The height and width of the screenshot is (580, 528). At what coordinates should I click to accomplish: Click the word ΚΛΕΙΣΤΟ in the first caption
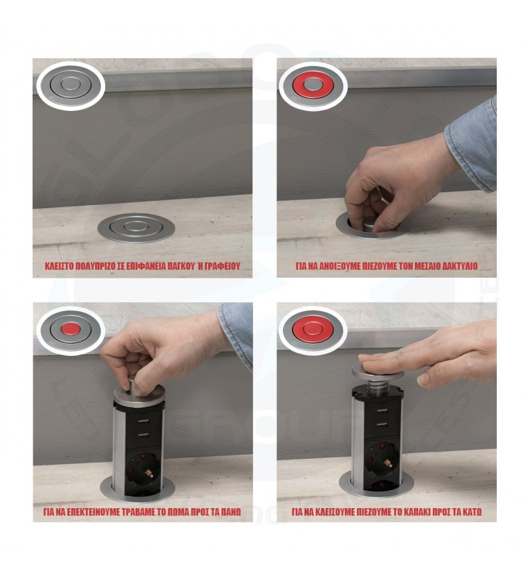pyautogui.click(x=59, y=266)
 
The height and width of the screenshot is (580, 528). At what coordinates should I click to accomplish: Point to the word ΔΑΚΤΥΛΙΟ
pyautogui.click(x=461, y=266)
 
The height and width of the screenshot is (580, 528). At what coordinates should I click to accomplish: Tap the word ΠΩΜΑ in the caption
pyautogui.click(x=176, y=512)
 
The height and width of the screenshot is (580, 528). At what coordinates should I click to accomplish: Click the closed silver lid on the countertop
pyautogui.click(x=136, y=228)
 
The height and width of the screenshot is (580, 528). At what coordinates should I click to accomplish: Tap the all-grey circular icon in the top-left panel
pyautogui.click(x=70, y=85)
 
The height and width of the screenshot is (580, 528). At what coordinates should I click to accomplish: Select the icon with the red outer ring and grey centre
pyautogui.click(x=313, y=86)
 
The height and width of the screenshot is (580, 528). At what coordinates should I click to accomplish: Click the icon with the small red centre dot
pyautogui.click(x=70, y=328)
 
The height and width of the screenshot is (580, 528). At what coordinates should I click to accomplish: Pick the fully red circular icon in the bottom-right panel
pyautogui.click(x=313, y=330)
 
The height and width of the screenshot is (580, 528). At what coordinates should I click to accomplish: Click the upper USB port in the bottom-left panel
pyautogui.click(x=143, y=422)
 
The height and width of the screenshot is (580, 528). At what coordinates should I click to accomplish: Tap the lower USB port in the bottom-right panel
pyautogui.click(x=381, y=426)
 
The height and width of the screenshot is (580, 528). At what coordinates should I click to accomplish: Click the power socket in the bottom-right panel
pyautogui.click(x=381, y=460)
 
